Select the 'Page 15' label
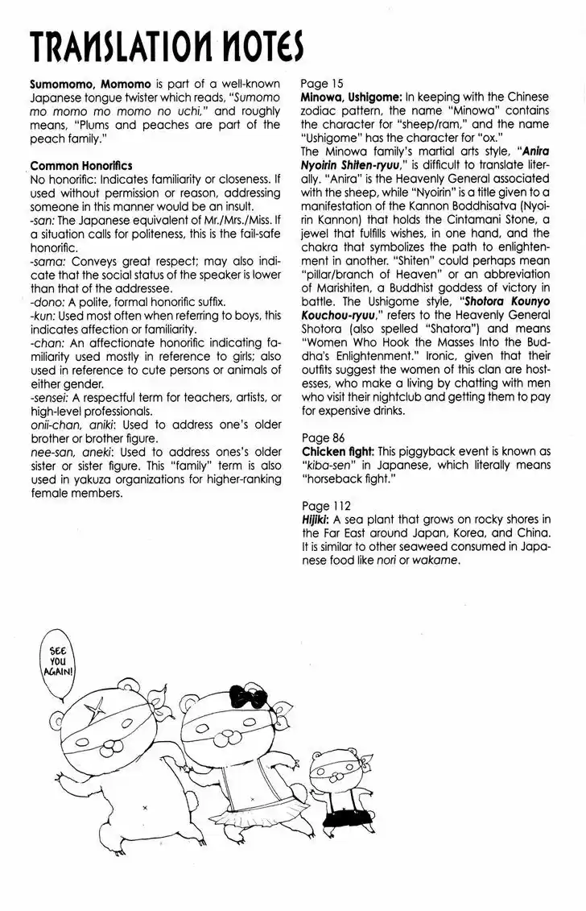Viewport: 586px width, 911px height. click(321, 83)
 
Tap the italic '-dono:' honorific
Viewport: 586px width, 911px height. click(47, 302)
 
